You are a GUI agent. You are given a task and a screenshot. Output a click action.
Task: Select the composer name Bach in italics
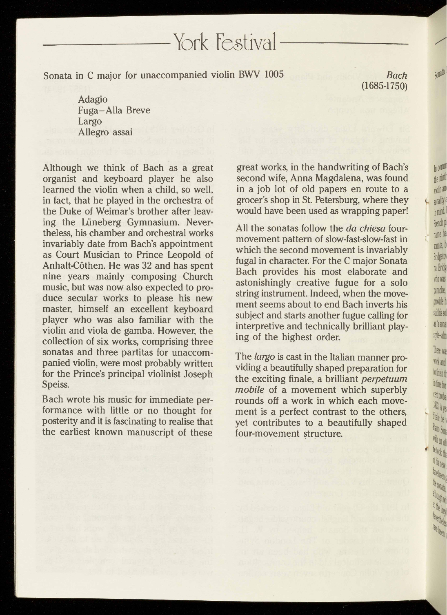pos(396,75)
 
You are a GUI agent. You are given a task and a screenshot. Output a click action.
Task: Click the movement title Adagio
pos(93,100)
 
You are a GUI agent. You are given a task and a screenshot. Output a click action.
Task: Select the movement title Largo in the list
pos(90,122)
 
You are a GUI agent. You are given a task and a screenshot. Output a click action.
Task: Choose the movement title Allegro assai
pos(105,132)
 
